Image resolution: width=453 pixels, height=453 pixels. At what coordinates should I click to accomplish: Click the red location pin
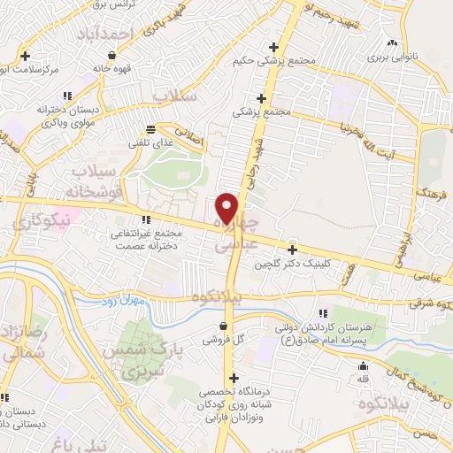[x=227, y=207]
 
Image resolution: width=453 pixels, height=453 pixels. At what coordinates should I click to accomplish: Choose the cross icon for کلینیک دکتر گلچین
[x=293, y=250]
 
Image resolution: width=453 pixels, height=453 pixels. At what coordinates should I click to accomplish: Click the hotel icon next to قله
[x=362, y=366]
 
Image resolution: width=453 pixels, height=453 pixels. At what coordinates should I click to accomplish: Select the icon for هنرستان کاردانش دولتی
[x=322, y=313]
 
